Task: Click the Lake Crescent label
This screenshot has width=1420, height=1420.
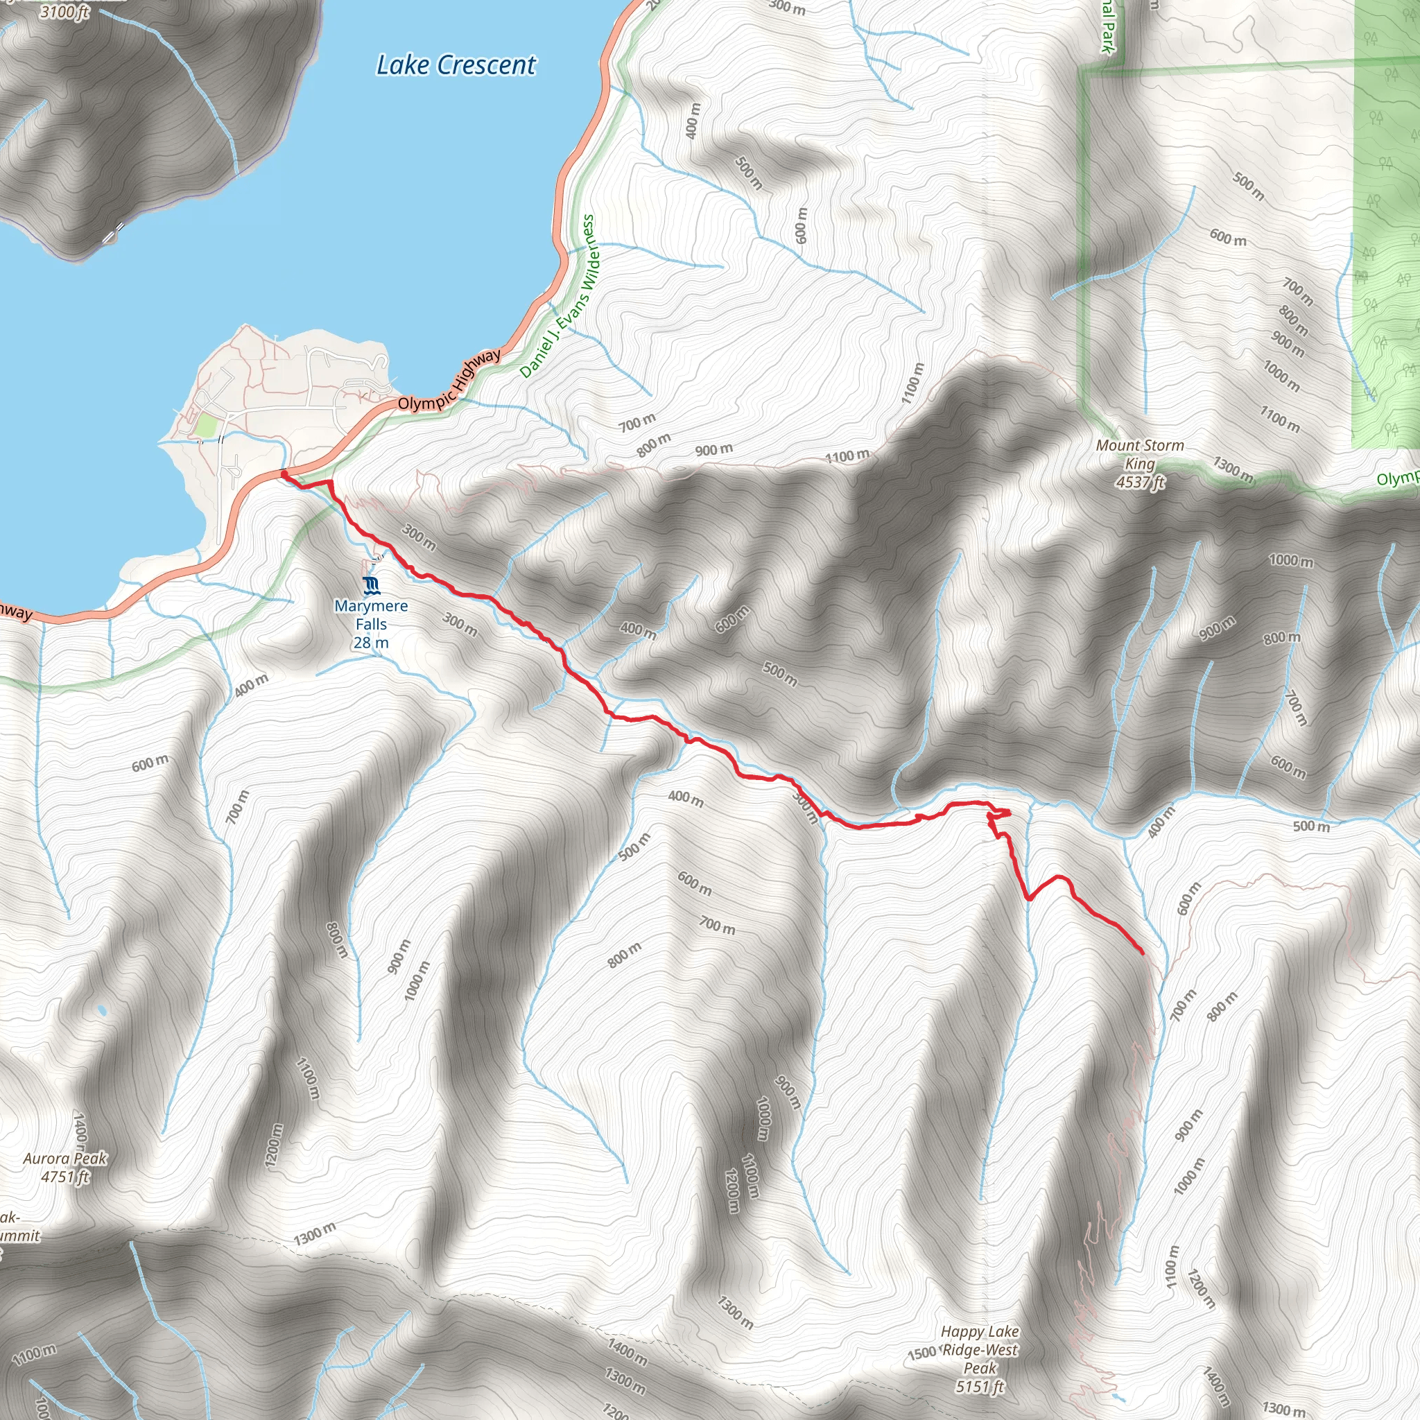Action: (x=456, y=65)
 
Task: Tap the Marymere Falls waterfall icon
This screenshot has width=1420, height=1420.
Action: (x=372, y=585)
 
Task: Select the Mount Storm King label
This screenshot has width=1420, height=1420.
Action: (x=1139, y=454)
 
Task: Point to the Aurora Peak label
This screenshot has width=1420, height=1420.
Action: (x=65, y=1159)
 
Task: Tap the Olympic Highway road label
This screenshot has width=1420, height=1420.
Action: (x=449, y=381)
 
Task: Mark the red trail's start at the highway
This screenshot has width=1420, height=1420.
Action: (x=284, y=476)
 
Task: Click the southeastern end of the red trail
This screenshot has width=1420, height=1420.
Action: (x=1142, y=953)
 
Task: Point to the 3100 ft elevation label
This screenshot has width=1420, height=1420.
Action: (x=64, y=11)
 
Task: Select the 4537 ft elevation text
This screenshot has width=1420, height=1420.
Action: (x=1140, y=483)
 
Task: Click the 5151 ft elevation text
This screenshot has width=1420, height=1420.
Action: (x=980, y=1387)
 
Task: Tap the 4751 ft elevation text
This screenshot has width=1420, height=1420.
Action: (x=65, y=1177)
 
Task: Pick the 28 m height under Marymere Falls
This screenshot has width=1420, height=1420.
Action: (x=371, y=642)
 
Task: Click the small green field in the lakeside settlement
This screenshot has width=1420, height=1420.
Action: (x=206, y=425)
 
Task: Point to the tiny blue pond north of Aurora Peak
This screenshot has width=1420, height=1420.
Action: (x=101, y=1012)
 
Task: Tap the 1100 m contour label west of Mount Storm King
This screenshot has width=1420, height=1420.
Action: (x=847, y=456)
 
